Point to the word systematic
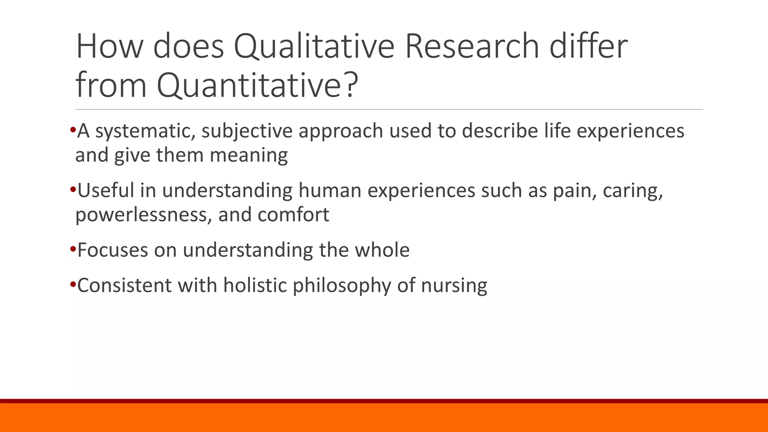145,131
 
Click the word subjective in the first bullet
247,131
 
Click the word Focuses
112,250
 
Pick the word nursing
454,285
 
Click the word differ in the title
589,46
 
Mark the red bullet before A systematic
73,130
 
